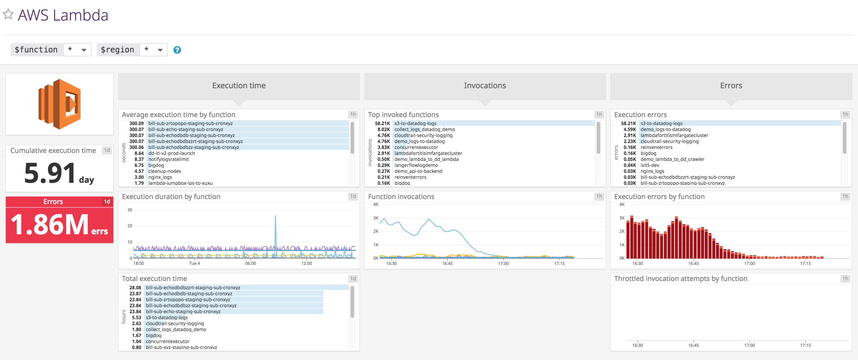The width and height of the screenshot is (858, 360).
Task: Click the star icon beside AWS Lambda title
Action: (x=8, y=14)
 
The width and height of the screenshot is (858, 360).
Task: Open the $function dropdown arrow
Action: (x=84, y=50)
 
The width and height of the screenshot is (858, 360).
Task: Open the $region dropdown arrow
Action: (x=160, y=50)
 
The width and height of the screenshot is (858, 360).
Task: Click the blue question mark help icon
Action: (x=177, y=50)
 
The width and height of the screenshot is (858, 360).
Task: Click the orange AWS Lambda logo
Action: (x=60, y=104)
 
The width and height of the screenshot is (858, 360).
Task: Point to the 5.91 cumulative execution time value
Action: (x=50, y=173)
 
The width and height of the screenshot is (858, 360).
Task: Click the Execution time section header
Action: (x=239, y=86)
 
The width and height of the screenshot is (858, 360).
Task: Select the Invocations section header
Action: (x=485, y=86)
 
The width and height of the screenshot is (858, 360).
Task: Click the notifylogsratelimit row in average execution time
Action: (x=169, y=159)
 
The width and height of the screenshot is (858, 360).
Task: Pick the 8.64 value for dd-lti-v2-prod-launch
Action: (x=139, y=153)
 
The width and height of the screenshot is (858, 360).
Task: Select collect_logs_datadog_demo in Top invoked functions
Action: (x=425, y=129)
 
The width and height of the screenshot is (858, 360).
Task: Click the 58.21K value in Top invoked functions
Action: (x=382, y=123)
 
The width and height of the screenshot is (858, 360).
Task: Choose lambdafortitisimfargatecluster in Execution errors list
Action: (x=675, y=135)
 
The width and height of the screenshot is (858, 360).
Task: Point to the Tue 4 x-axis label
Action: (x=194, y=263)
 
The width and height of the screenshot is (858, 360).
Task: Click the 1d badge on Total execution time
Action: (x=353, y=278)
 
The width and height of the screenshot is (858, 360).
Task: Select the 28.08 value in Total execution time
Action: (x=135, y=287)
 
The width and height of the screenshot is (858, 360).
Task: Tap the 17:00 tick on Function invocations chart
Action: (x=503, y=263)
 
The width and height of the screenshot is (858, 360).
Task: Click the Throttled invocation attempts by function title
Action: (x=680, y=278)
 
